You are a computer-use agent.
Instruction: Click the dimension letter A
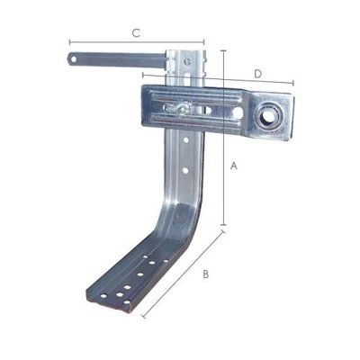(233, 166)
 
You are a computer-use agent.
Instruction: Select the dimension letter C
(135, 33)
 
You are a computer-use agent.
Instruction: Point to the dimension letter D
(257, 72)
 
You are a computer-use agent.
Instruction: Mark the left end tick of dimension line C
(68, 41)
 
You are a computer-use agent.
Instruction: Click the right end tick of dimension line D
(293, 84)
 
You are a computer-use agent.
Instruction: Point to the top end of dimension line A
(221, 51)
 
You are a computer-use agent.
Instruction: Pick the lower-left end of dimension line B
(142, 316)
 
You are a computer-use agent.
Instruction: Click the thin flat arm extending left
(117, 60)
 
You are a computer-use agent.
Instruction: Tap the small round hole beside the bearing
(238, 112)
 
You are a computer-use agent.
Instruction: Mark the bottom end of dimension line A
(222, 225)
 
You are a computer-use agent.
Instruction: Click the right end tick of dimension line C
(203, 41)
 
